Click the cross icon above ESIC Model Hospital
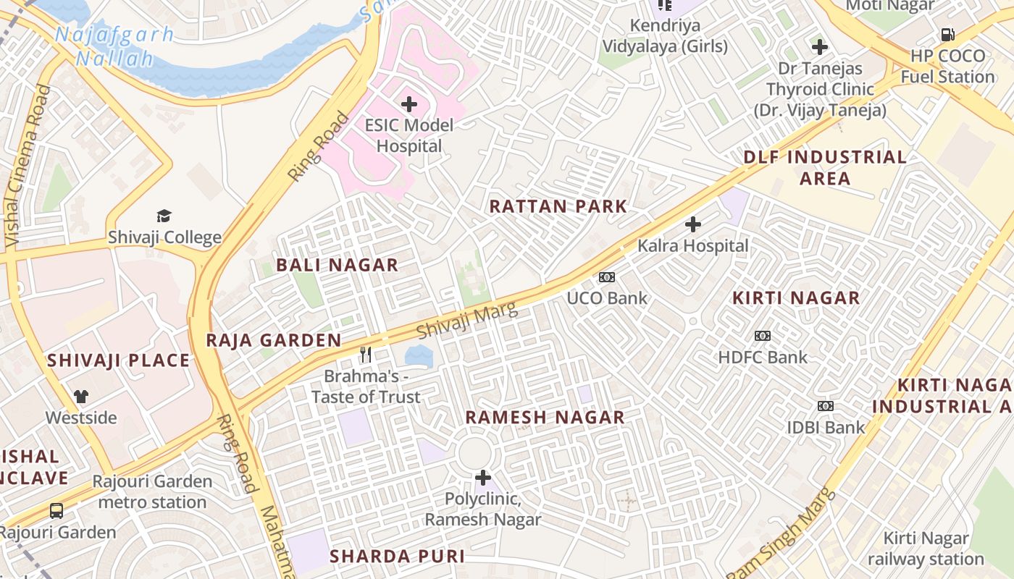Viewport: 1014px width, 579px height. (x=409, y=104)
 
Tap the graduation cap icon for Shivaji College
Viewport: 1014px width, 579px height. (x=164, y=216)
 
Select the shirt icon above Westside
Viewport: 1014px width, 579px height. (x=80, y=397)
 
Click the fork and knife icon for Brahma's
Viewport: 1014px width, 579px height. (x=366, y=355)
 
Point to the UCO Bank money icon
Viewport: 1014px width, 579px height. (x=607, y=276)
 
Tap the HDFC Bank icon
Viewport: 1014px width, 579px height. (x=763, y=336)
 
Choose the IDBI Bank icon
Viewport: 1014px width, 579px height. (x=826, y=406)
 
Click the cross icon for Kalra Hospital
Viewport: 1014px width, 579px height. (x=693, y=224)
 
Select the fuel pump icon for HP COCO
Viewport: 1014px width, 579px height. (x=947, y=35)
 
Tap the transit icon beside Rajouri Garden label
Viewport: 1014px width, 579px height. (x=56, y=511)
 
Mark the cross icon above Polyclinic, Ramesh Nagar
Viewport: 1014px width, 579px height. (x=483, y=478)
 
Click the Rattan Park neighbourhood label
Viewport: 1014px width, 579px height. (x=558, y=206)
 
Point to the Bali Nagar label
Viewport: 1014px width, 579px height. (x=338, y=265)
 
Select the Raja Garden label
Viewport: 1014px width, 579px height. (x=274, y=340)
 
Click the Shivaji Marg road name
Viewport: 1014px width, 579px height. (x=467, y=321)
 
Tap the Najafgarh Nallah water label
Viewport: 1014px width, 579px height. (x=114, y=46)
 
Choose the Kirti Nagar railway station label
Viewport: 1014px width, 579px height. (x=926, y=549)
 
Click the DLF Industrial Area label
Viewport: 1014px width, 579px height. (x=825, y=168)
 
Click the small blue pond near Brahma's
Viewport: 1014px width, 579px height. (x=419, y=355)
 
